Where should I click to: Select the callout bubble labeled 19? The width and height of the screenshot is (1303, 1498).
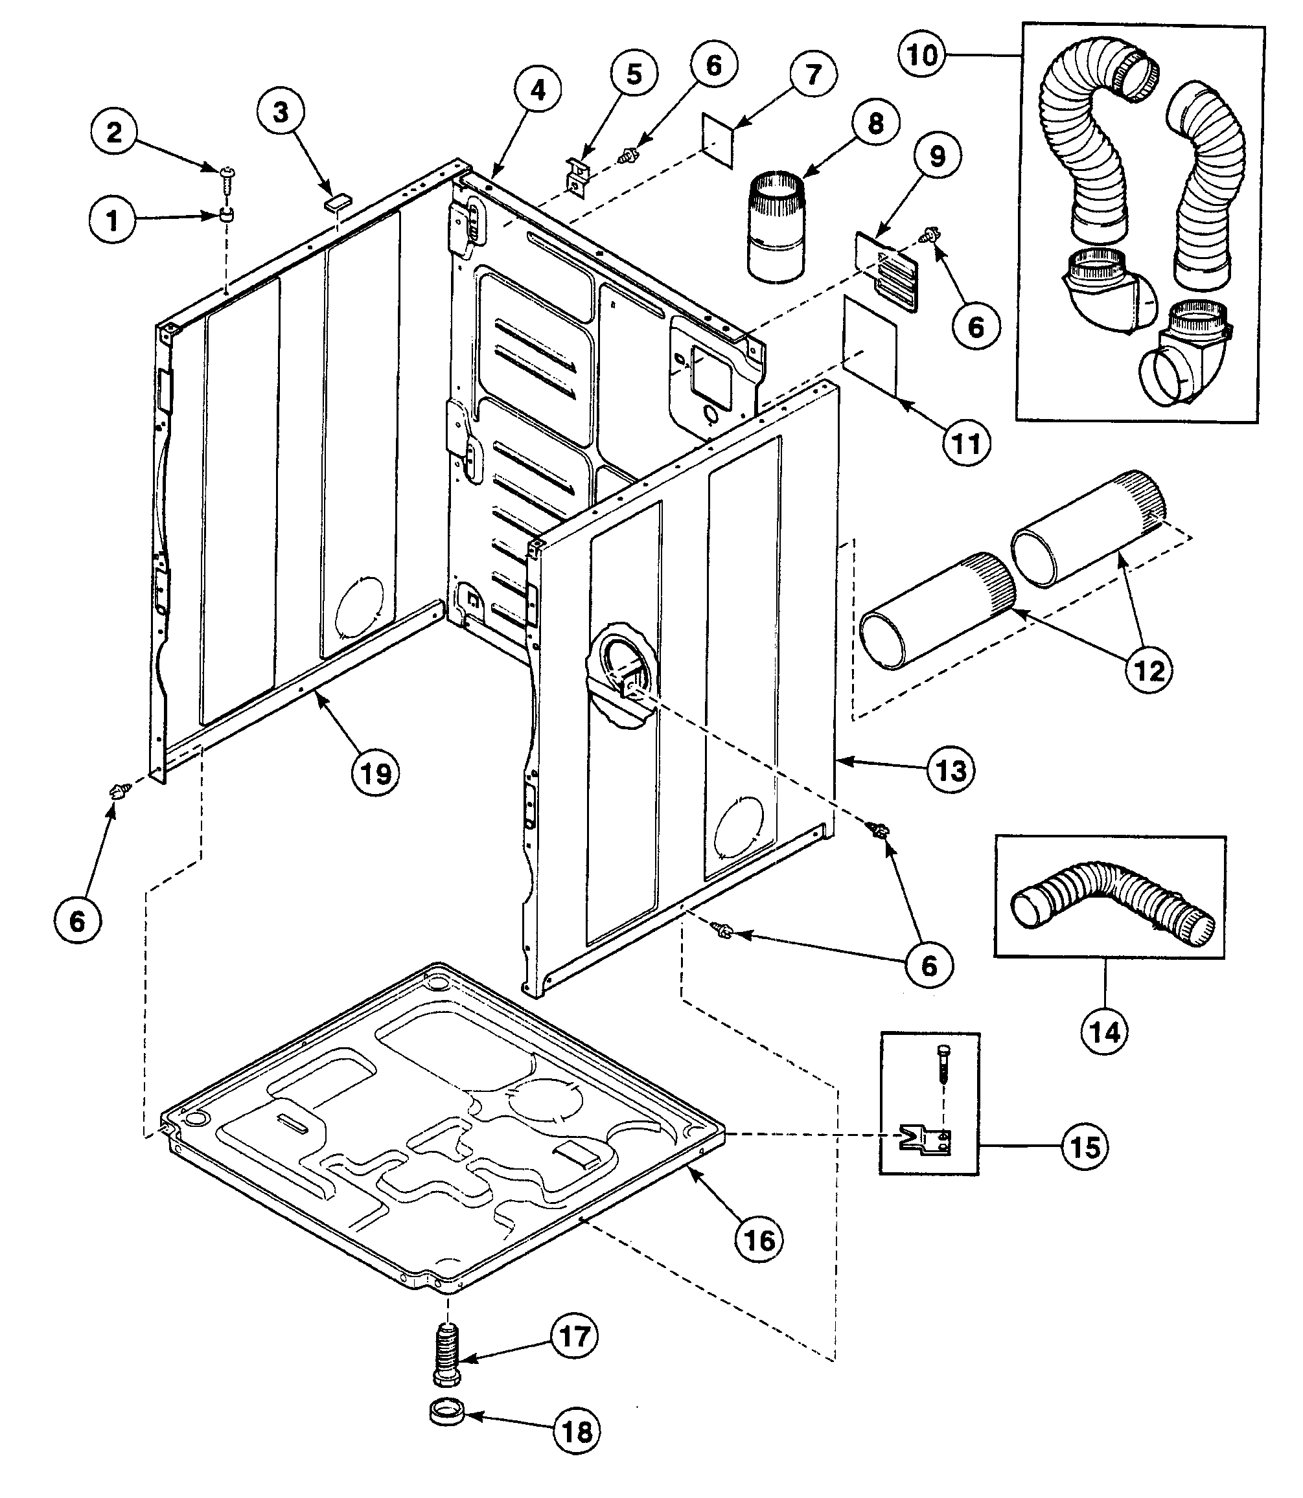pyautogui.click(x=376, y=773)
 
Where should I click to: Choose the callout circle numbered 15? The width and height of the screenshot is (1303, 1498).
pyautogui.click(x=1085, y=1147)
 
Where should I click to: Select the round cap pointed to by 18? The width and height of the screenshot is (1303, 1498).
pyautogui.click(x=446, y=1416)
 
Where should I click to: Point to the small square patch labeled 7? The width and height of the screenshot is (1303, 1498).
pyautogui.click(x=717, y=139)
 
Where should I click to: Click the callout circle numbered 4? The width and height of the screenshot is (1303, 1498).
pyautogui.click(x=536, y=89)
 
